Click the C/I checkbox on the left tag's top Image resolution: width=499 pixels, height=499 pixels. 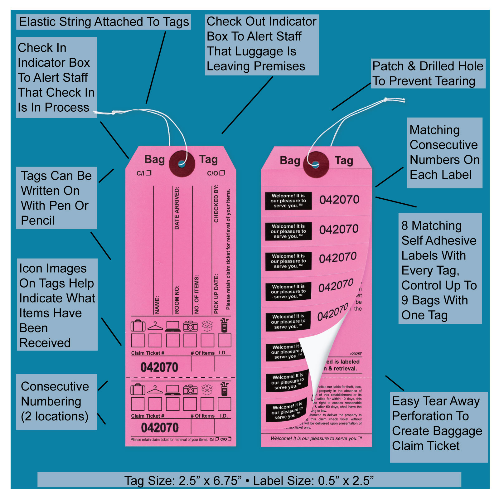click(x=149, y=172)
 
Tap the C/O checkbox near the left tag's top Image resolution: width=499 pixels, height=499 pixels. click(x=222, y=172)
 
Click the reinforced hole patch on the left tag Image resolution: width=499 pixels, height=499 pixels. click(x=182, y=163)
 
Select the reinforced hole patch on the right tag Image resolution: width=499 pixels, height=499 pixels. click(x=316, y=164)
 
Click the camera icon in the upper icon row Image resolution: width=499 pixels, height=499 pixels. click(x=190, y=326)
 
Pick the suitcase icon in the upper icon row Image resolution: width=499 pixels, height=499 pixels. click(x=138, y=326)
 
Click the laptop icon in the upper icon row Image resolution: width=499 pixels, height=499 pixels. click(x=172, y=326)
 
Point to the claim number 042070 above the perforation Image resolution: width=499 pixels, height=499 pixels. click(x=159, y=367)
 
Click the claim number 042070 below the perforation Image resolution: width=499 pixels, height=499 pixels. click(x=160, y=428)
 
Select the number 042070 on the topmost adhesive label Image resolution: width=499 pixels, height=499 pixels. click(x=339, y=200)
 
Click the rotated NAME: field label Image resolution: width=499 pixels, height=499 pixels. click(x=157, y=305)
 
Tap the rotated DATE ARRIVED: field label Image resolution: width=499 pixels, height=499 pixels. click(x=177, y=208)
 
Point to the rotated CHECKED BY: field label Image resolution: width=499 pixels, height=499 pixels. click(x=216, y=204)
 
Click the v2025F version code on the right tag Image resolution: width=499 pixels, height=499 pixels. click(x=356, y=354)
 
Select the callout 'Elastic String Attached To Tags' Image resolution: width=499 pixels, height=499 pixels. click(x=104, y=22)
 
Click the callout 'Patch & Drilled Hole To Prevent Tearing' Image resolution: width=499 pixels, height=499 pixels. click(x=428, y=74)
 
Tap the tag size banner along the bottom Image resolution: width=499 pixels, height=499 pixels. click(x=249, y=480)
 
